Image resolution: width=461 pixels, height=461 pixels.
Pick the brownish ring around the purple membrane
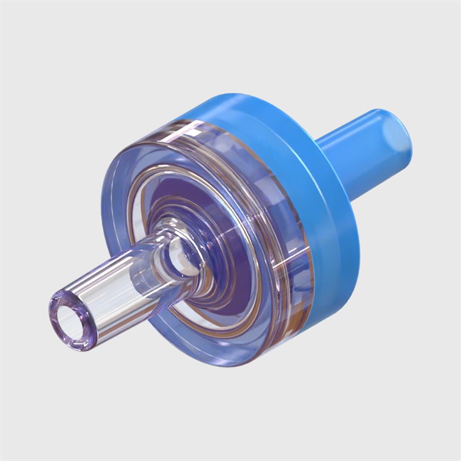click(x=256, y=307)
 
